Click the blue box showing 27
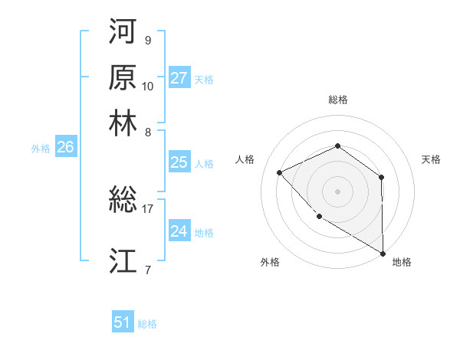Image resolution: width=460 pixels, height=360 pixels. [179, 78]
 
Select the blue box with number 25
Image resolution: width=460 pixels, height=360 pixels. [179, 162]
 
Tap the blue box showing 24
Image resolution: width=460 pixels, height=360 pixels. [179, 231]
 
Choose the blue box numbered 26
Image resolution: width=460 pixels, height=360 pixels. [65, 148]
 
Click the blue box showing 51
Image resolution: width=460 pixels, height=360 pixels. [123, 322]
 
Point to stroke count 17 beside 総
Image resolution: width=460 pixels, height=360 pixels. [148, 208]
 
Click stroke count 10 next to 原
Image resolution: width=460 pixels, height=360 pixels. [148, 86]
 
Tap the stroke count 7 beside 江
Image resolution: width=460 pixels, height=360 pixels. [148, 269]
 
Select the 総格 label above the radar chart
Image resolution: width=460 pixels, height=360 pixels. [337, 100]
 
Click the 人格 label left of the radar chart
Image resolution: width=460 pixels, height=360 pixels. [245, 159]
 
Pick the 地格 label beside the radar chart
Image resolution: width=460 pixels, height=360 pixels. [402, 262]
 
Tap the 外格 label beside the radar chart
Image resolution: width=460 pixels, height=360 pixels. [270, 262]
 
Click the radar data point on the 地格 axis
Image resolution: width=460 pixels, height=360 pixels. [383, 254]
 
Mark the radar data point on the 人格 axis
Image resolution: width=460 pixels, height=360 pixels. [280, 172]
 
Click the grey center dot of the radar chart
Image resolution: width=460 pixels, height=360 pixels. [337, 191]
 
